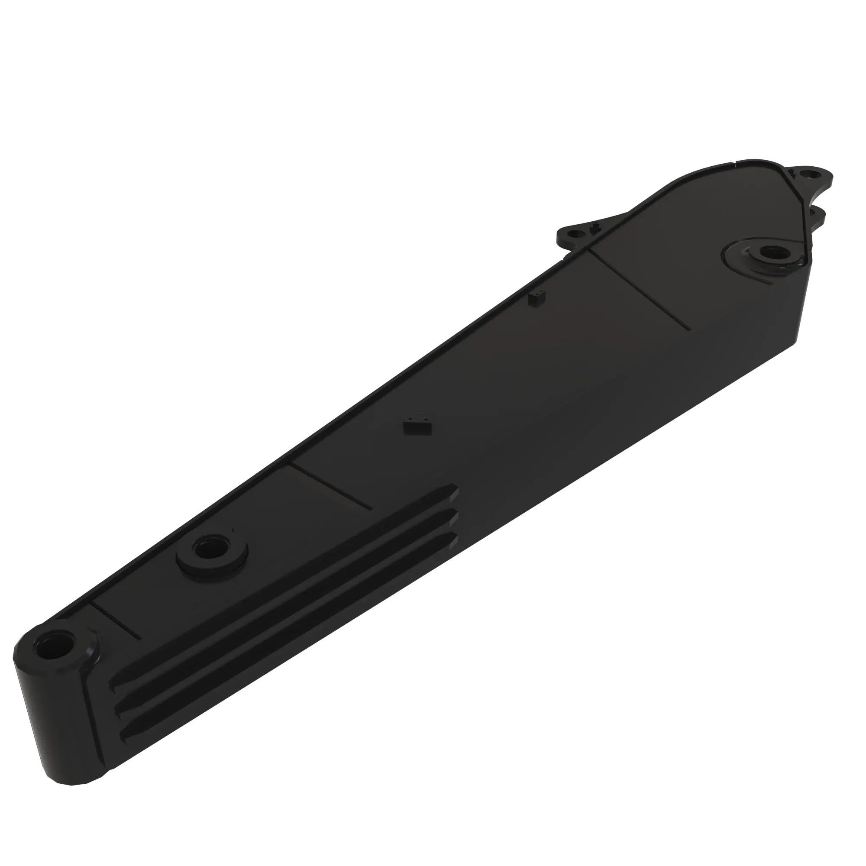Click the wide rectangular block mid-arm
(x=417, y=427)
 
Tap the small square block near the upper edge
(x=537, y=298)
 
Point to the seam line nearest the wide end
(x=641, y=289)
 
